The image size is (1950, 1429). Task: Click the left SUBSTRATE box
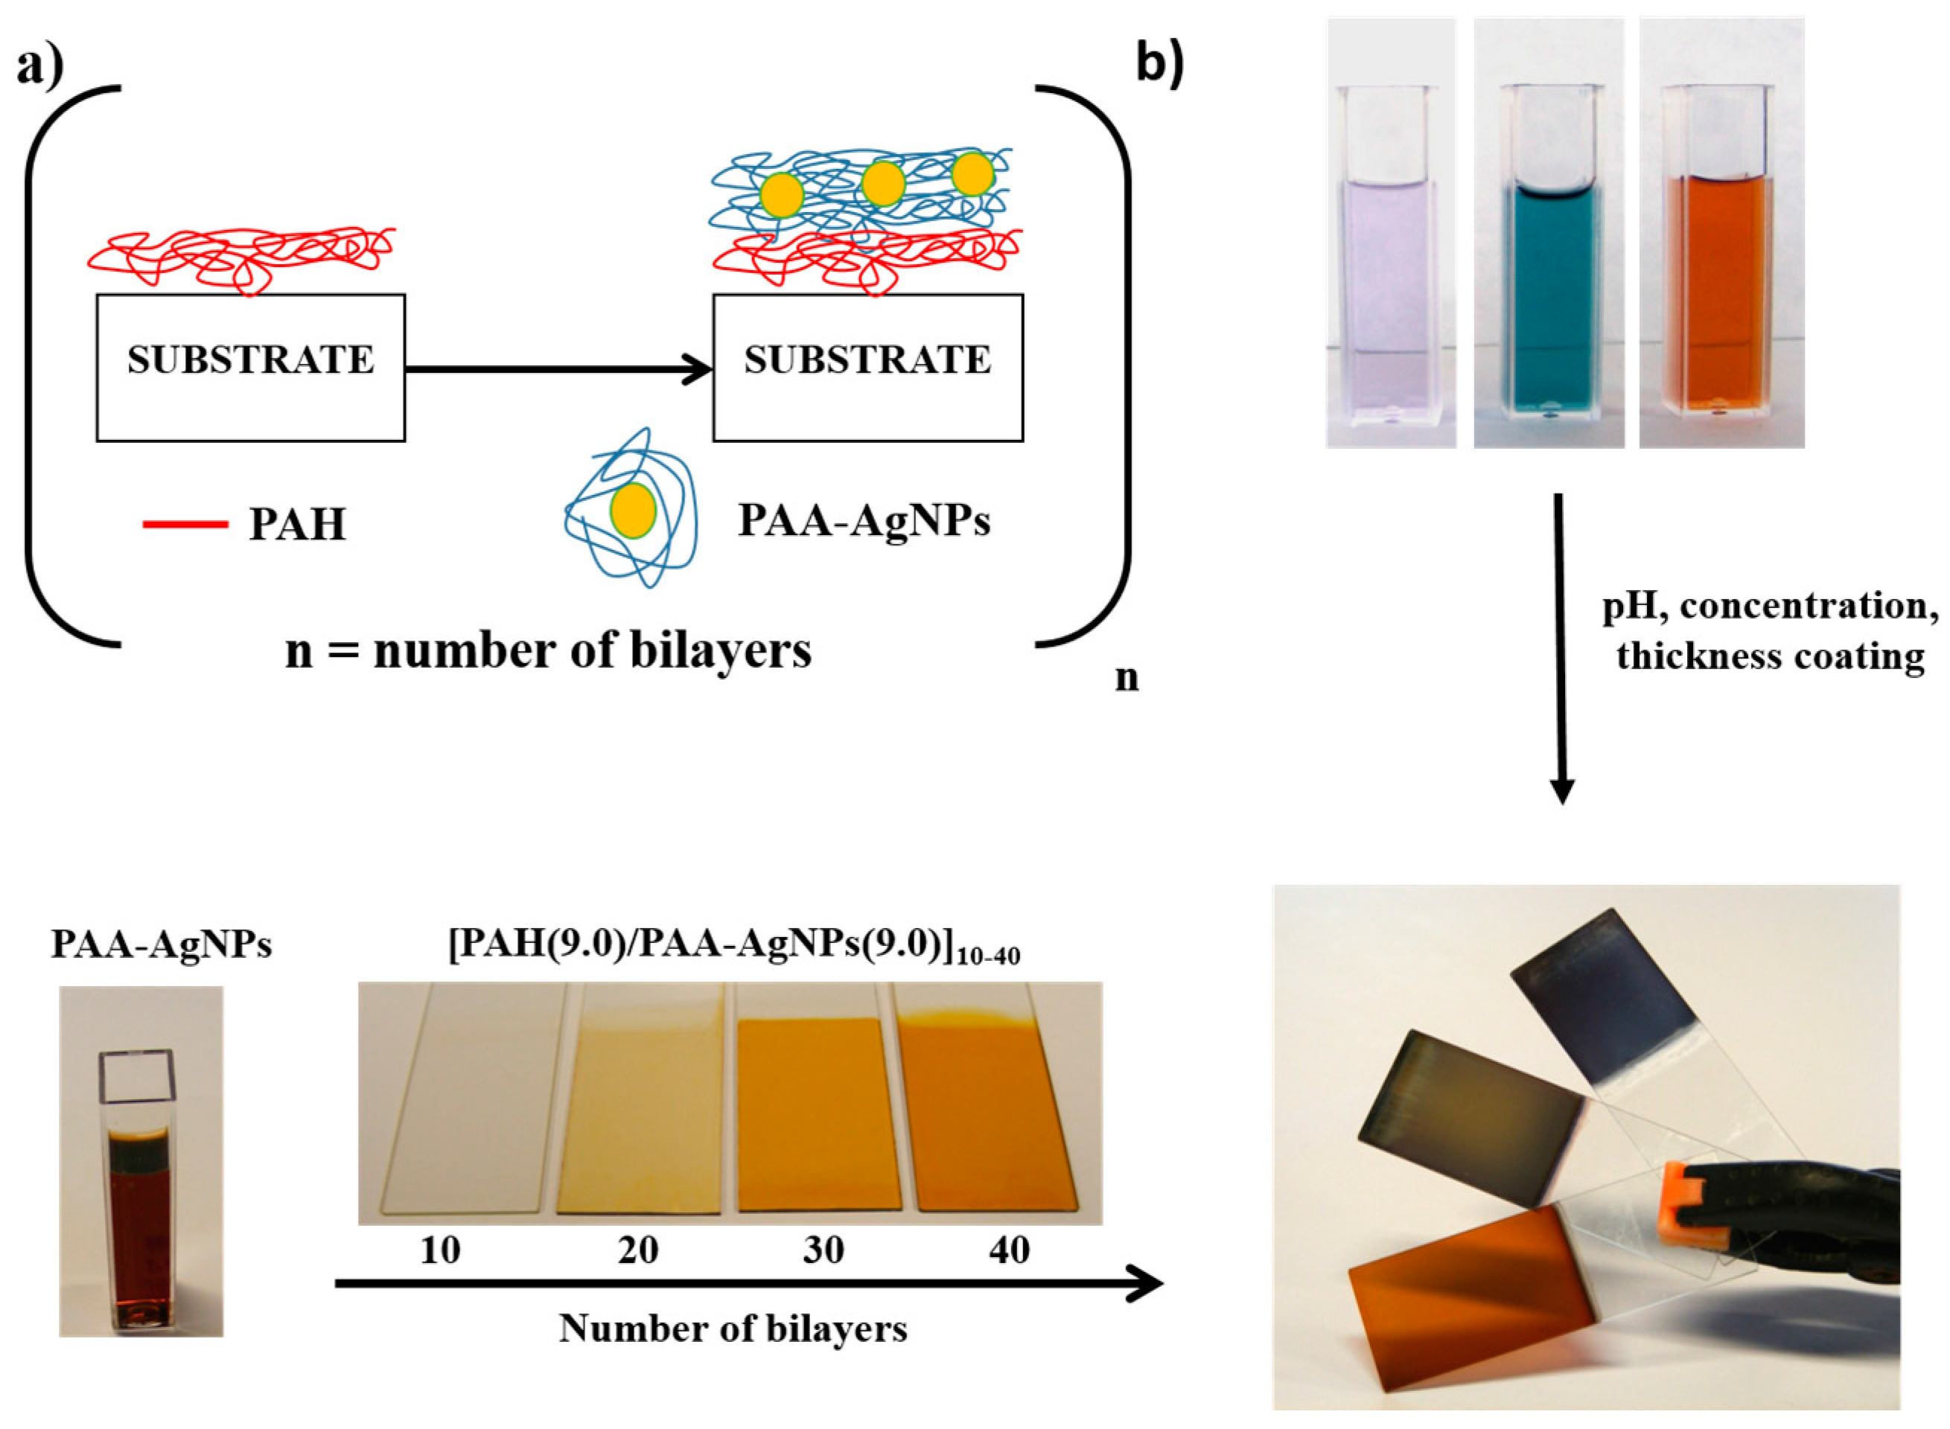coord(250,368)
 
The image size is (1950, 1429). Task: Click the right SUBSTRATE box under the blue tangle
coord(867,368)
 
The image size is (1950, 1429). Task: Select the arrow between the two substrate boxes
coord(558,369)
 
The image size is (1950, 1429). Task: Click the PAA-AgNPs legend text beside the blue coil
coord(864,521)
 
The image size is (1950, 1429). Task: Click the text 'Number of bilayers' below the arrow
coord(733,1329)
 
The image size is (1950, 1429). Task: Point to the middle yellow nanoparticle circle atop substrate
coord(883,183)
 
